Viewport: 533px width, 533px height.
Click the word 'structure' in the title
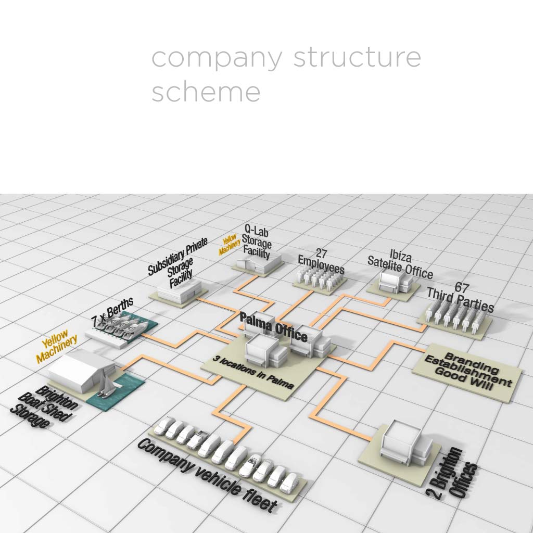(357, 57)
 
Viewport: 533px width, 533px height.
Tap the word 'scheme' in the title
(206, 92)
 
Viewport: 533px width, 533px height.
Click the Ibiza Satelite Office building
(394, 282)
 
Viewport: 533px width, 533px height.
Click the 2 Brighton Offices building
(401, 442)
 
